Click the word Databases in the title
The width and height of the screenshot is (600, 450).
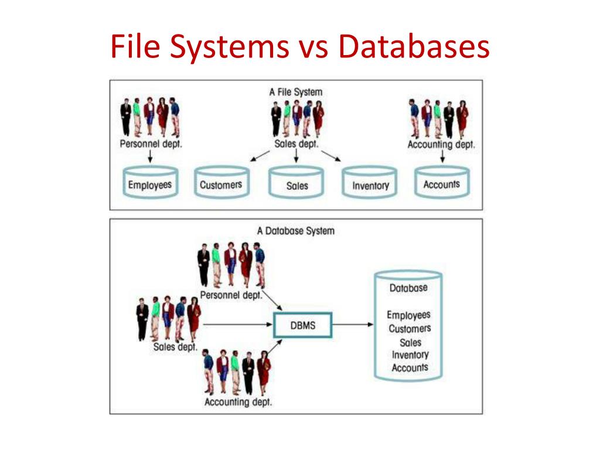pos(413,47)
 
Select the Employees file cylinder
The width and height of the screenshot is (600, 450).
pos(150,183)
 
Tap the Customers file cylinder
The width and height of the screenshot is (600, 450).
pos(221,183)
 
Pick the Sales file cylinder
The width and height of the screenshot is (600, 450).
pos(296,183)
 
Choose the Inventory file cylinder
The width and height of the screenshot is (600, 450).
pos(370,183)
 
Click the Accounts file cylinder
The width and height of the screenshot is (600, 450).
pos(441,183)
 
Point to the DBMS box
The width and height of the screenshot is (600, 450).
pos(303,325)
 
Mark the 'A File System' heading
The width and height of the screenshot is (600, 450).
pos(296,92)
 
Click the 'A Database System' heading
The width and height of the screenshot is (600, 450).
pos(296,231)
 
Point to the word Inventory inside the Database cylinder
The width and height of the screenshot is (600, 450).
pos(410,355)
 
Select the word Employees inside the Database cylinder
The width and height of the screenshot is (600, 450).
pos(408,315)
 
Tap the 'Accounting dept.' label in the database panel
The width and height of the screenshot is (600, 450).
pos(238,403)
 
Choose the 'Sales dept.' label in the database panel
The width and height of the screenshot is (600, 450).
pos(175,346)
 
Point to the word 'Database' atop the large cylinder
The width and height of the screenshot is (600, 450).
pos(408,288)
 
